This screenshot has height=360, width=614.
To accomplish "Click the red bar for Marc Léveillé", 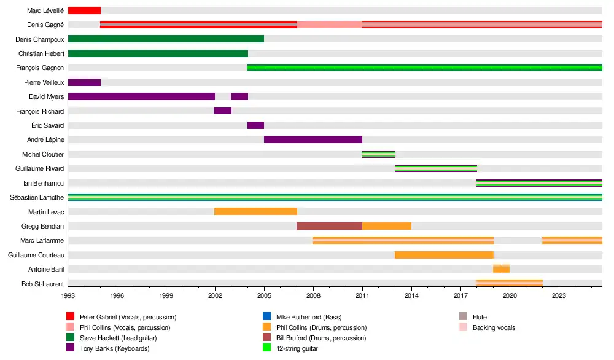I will click(84, 10).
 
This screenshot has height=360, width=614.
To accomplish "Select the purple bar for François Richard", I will click(223, 111).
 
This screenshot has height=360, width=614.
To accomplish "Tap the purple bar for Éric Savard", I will click(255, 125).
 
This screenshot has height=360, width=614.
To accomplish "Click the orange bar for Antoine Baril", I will click(501, 268).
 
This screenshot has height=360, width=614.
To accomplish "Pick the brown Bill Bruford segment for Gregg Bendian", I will click(329, 225).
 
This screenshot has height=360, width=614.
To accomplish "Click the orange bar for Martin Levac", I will click(255, 211).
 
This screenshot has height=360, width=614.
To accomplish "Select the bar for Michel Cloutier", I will click(378, 154).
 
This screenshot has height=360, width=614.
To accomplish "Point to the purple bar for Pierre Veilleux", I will click(84, 82).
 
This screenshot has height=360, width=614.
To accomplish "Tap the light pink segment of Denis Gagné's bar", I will click(329, 25).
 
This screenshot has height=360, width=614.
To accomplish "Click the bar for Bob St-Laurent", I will click(509, 283).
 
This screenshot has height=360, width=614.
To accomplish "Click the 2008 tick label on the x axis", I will click(313, 295).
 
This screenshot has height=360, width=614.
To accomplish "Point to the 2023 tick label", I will click(559, 295).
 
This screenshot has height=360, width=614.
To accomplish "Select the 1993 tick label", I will click(68, 295).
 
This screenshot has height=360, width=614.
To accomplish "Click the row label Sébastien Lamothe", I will click(37, 197).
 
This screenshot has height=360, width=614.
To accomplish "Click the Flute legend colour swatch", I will click(464, 317).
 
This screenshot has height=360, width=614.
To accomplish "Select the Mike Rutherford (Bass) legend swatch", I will click(267, 317).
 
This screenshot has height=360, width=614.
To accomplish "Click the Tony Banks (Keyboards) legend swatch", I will click(71, 349).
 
